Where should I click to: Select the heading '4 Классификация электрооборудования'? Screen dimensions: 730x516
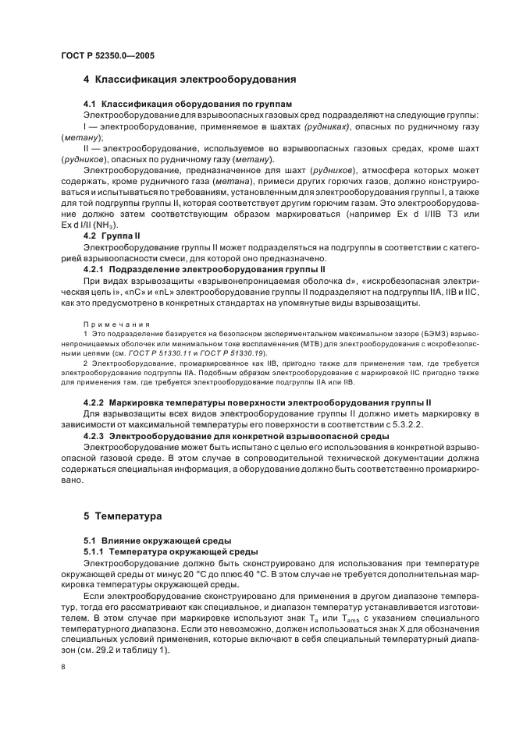click(189, 79)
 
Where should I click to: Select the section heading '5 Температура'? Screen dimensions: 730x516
click(123, 516)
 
